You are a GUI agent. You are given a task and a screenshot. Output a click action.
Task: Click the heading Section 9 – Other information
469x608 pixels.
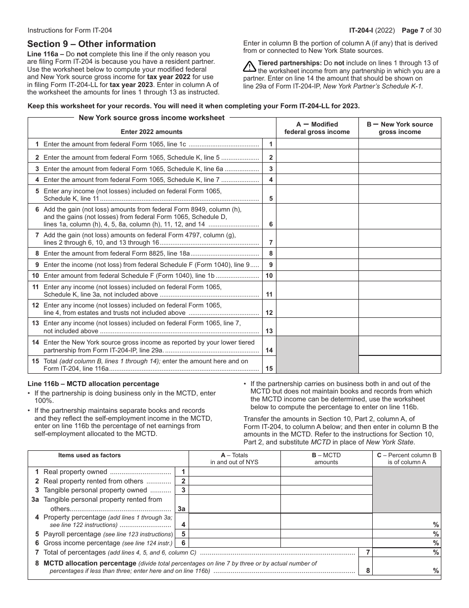91,44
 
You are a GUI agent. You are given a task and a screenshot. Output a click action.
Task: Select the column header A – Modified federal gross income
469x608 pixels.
317,128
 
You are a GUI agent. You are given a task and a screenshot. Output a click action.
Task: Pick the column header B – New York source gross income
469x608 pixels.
399,128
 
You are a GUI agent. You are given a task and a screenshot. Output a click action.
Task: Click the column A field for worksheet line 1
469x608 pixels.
317,144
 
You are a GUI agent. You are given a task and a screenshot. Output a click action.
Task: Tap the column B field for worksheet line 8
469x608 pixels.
399,253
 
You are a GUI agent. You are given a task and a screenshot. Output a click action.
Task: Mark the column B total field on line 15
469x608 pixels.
399,365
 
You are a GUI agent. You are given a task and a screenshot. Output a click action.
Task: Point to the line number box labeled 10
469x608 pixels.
269,276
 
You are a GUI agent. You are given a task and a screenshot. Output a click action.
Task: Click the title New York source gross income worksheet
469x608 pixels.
152,118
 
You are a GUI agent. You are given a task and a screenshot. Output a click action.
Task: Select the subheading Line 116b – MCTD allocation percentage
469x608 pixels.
93,384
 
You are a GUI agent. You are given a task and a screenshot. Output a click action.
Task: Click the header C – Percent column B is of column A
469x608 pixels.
406,459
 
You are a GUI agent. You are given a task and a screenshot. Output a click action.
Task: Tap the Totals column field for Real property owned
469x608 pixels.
234,472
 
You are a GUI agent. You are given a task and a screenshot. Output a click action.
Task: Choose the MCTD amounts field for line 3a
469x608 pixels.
326,504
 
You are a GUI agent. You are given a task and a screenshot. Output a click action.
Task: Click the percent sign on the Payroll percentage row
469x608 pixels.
436,534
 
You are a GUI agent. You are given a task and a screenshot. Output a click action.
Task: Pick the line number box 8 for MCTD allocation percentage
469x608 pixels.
368,571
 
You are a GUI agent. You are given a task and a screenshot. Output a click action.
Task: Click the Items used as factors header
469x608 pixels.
89,455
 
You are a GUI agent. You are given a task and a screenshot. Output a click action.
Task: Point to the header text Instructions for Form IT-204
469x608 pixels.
70,30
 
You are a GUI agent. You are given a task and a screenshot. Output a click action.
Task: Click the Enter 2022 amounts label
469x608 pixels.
152,132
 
